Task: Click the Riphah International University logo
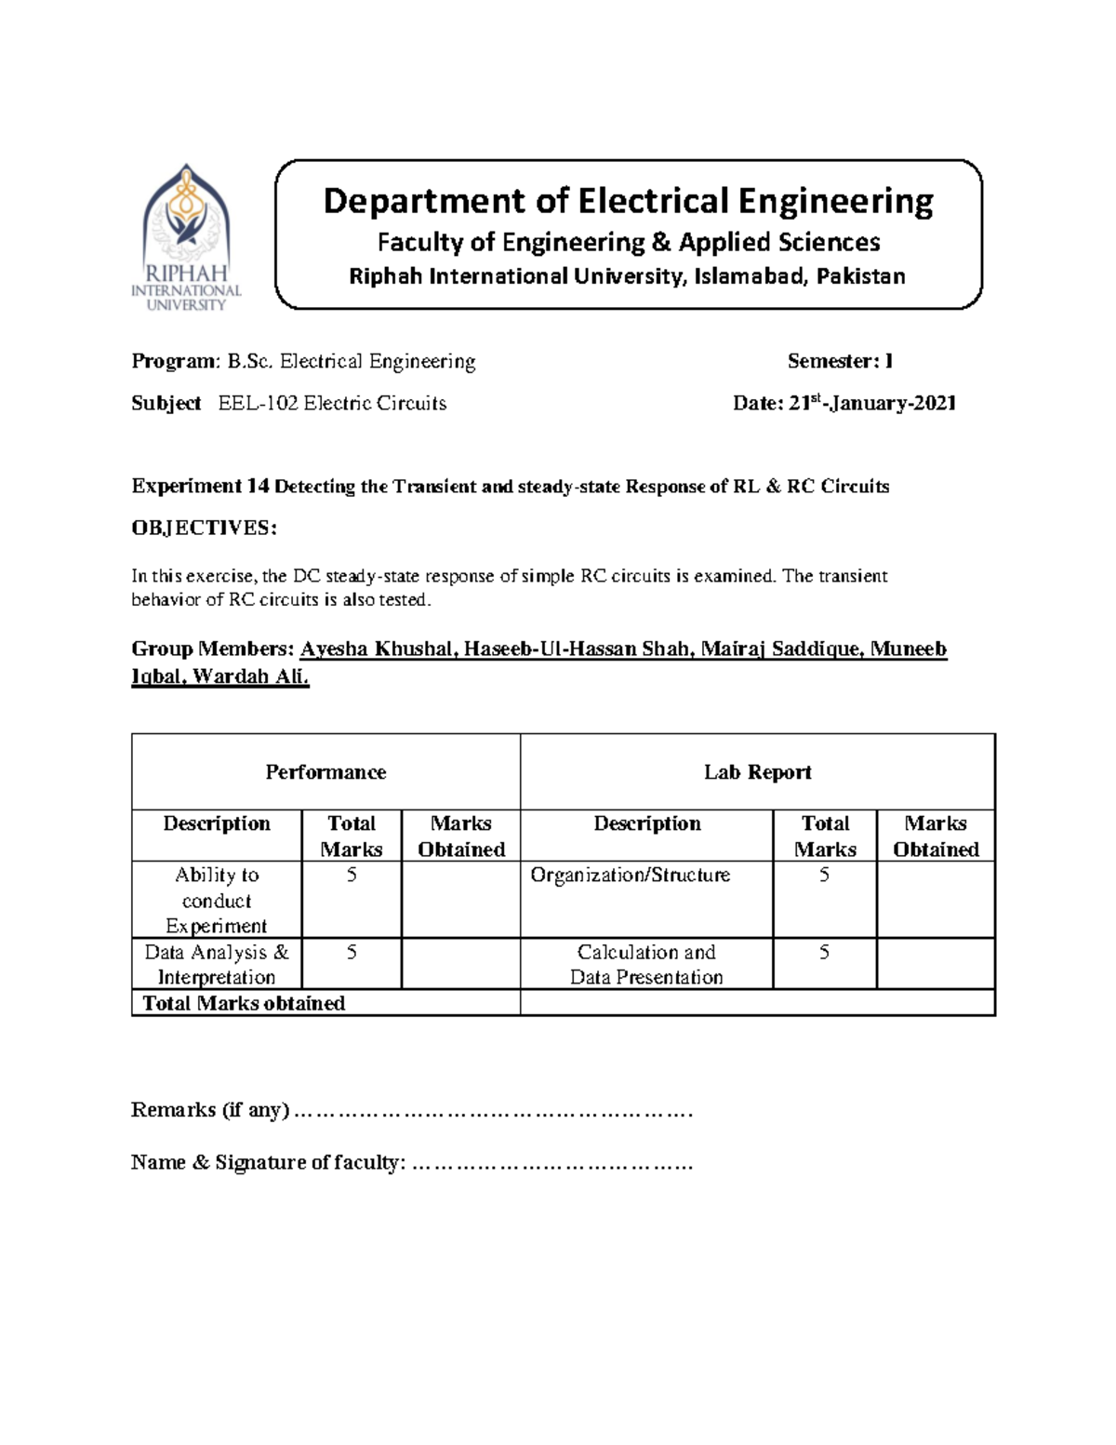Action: pyautogui.click(x=186, y=237)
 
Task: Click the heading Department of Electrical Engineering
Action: pyautogui.click(x=628, y=201)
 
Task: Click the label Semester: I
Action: pyautogui.click(x=840, y=361)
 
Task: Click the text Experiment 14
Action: pyautogui.click(x=200, y=486)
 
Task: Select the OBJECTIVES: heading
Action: pyautogui.click(x=205, y=528)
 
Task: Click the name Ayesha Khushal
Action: pyautogui.click(x=377, y=649)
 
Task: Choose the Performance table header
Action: pyautogui.click(x=325, y=772)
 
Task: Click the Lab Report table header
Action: pyautogui.click(x=757, y=772)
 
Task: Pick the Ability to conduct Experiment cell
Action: pyautogui.click(x=217, y=900)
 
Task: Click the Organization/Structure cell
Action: pyautogui.click(x=630, y=875)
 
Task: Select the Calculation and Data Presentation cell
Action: pyautogui.click(x=646, y=964)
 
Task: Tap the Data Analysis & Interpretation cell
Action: pyautogui.click(x=217, y=964)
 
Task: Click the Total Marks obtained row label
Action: pyautogui.click(x=244, y=1003)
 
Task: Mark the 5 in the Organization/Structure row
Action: pyautogui.click(x=824, y=875)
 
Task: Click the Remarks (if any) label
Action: pyautogui.click(x=210, y=1110)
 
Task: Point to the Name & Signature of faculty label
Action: pyautogui.click(x=268, y=1162)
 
